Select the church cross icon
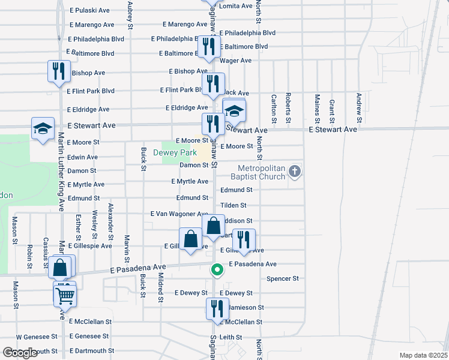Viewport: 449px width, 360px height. (294, 172)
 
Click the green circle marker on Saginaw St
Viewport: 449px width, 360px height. (217, 271)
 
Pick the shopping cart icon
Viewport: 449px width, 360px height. (65, 294)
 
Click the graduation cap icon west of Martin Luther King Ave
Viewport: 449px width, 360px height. (43, 128)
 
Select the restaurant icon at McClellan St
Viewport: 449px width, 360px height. (217, 308)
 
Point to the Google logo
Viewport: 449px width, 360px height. (20, 352)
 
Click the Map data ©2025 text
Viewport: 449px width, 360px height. (423, 355)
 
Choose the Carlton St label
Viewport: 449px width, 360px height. (273, 109)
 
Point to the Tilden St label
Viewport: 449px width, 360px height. (234, 205)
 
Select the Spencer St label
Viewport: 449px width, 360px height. (282, 278)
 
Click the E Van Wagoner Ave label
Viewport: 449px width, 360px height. (179, 214)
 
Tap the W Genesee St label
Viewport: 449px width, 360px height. (37, 337)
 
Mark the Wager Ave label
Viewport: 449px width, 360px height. (236, 61)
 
